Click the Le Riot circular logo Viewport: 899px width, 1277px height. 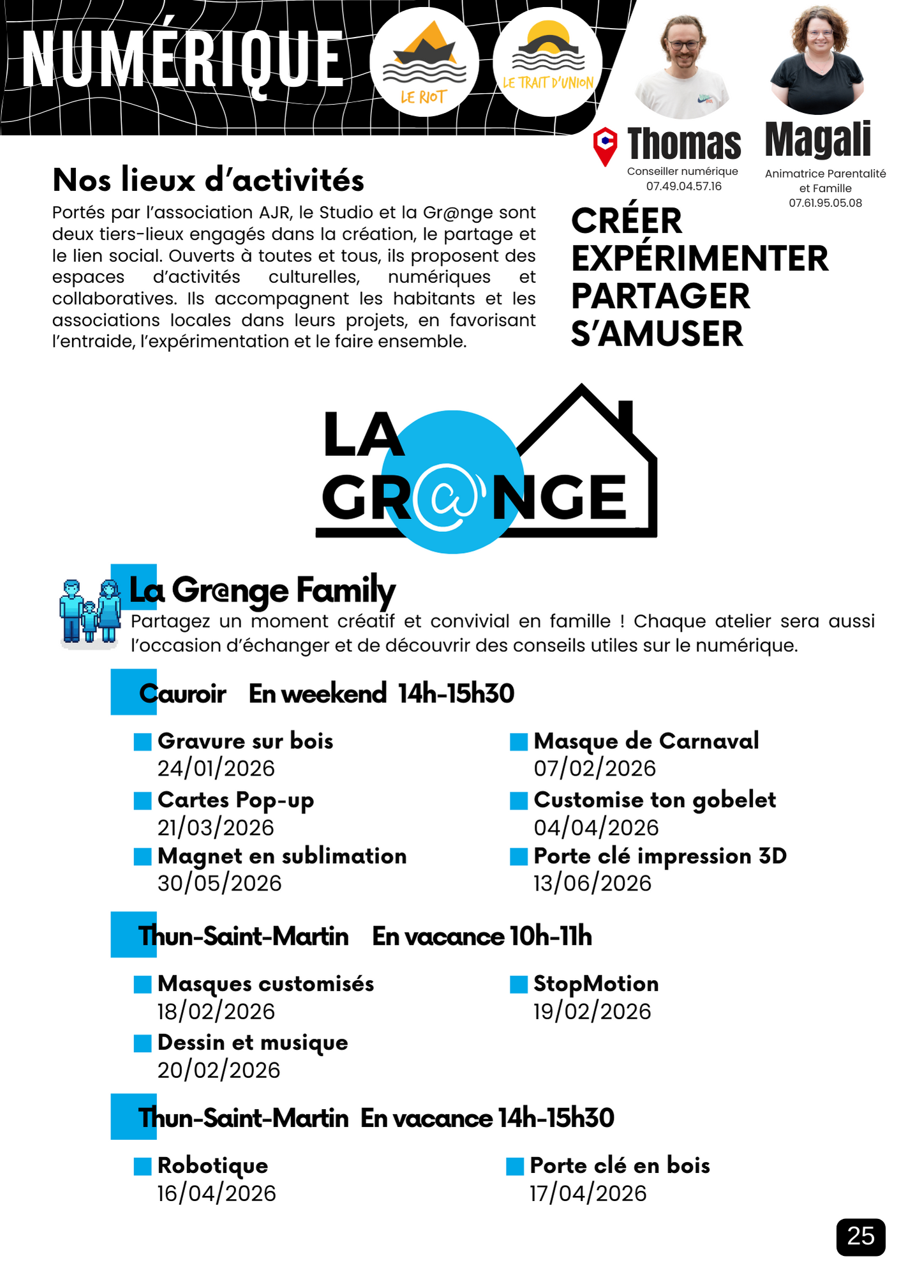(424, 62)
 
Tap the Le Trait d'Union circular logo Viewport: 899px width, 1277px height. (547, 62)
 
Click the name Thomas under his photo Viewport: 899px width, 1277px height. (684, 143)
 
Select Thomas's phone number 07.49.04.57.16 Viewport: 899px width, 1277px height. (683, 186)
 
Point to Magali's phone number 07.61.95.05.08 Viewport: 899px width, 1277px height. (825, 203)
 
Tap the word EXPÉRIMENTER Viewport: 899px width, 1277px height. (699, 259)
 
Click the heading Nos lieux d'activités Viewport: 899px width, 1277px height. (208, 180)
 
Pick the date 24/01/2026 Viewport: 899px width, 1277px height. (216, 768)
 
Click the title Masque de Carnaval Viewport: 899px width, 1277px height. (646, 741)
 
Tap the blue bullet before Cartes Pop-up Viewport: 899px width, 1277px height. (142, 801)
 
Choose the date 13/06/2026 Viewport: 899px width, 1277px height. (592, 883)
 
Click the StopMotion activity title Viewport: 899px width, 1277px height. (596, 983)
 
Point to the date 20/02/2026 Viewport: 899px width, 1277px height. (219, 1070)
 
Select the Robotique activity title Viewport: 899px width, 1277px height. (212, 1165)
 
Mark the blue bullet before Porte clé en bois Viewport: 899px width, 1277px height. (514, 1167)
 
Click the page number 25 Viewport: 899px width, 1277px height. (860, 1237)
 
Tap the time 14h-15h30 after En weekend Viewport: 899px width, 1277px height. (456, 693)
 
